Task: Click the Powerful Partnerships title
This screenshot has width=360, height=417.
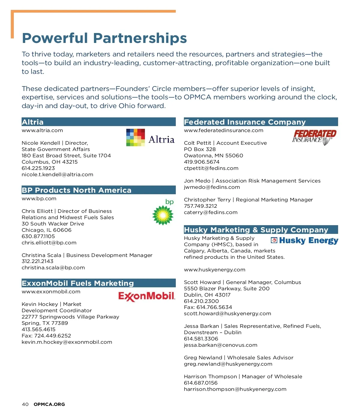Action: pos(104,38)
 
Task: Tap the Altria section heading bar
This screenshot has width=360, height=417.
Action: pos(98,122)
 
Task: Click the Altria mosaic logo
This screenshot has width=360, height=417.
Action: pos(136,137)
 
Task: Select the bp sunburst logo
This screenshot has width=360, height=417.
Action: pos(163,214)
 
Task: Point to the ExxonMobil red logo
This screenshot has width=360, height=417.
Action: pos(146,296)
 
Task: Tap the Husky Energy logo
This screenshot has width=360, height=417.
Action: pos(304,240)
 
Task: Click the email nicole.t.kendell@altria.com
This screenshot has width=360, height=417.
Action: pos(57,174)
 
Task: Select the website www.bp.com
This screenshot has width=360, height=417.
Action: pos(39,198)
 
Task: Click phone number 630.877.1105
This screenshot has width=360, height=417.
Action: pos(38,236)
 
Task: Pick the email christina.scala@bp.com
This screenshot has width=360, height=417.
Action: pos(53,267)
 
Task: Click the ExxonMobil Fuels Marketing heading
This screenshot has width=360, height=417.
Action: pos(78,283)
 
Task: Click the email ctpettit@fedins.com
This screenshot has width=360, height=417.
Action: pos(211,168)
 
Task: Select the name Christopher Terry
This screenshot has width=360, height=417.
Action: pos(207,200)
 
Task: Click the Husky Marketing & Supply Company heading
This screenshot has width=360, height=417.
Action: pos(256,230)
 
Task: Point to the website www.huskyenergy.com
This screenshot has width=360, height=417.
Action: pos(214,270)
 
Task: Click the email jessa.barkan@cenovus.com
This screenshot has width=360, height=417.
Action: pos(220,345)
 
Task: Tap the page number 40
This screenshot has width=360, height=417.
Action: pos(25,404)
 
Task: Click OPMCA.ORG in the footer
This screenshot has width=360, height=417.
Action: pos(49,404)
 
